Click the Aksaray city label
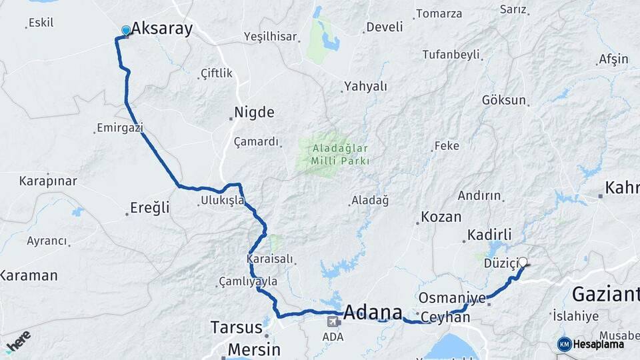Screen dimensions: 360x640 162,28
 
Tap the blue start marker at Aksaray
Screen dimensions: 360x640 126,31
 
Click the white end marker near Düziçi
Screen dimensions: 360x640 523,263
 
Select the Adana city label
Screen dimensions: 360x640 373,312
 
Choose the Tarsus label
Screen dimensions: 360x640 236,327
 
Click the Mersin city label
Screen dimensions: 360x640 254,349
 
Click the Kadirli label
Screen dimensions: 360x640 489,235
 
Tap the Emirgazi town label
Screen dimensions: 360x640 120,127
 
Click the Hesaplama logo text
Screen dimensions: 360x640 599,344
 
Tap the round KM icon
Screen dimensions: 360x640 564,344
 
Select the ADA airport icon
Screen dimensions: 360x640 332,322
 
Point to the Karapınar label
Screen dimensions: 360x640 48,181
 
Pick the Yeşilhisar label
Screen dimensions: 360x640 270,37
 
